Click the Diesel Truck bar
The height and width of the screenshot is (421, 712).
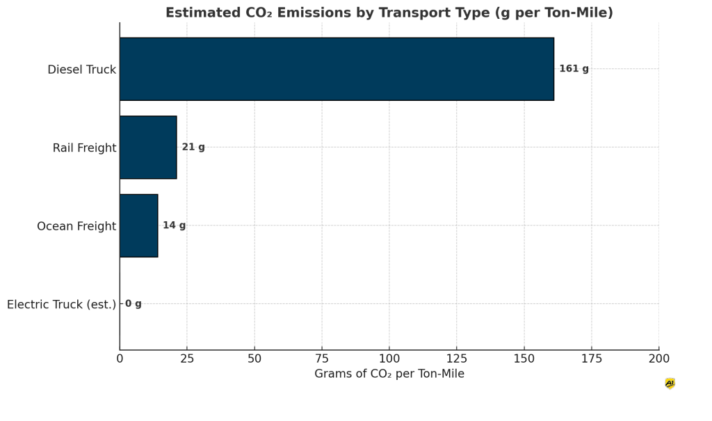click(x=337, y=69)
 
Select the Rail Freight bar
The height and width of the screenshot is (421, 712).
click(x=148, y=148)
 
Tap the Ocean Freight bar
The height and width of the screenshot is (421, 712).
click(x=138, y=225)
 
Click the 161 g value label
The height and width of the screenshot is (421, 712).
click(x=574, y=69)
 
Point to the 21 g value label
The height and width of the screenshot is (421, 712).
click(x=193, y=148)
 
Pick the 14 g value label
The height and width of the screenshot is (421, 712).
click(x=174, y=225)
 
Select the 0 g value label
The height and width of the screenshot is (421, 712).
click(x=133, y=304)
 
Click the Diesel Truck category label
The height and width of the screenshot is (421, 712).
click(x=81, y=70)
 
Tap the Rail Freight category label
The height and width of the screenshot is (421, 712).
click(x=84, y=148)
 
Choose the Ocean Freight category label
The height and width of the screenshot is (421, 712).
click(x=76, y=226)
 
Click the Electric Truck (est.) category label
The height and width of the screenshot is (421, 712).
click(x=61, y=305)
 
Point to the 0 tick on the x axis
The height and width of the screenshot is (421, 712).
click(x=120, y=359)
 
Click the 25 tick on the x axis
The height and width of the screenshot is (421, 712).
click(x=187, y=359)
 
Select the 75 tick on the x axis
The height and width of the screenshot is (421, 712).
click(x=322, y=359)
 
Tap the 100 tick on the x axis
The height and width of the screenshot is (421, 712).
click(x=389, y=359)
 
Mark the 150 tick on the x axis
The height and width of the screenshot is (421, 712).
click(x=524, y=359)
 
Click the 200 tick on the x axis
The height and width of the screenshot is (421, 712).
click(x=659, y=359)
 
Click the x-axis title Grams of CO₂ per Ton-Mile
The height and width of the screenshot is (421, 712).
click(x=389, y=374)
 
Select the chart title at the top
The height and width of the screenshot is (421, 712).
click(x=389, y=13)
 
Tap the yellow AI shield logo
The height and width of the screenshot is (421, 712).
click(x=670, y=383)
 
